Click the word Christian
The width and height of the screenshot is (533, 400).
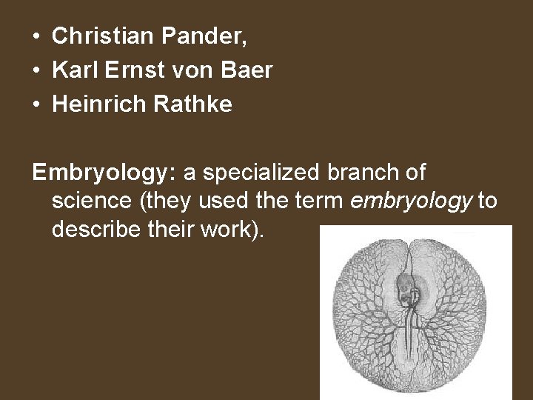point(94,35)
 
